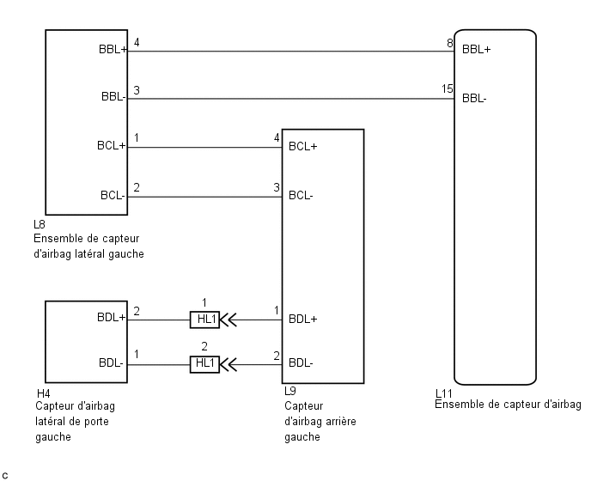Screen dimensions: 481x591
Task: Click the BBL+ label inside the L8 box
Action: [113, 50]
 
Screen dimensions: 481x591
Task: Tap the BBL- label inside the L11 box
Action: [474, 98]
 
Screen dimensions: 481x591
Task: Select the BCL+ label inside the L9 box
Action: [303, 146]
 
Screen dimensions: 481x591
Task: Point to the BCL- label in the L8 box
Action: [112, 196]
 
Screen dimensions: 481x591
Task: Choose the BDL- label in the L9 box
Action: [301, 363]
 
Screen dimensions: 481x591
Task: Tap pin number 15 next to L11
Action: [447, 88]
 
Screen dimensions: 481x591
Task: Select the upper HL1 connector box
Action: [204, 320]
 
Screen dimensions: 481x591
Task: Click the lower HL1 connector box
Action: [204, 363]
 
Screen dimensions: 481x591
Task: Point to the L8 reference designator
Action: [40, 226]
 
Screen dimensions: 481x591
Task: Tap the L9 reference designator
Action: [289, 391]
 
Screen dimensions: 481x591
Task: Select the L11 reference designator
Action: [444, 394]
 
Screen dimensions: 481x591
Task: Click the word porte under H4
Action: [94, 422]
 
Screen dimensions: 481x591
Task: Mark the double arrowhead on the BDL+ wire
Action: [229, 320]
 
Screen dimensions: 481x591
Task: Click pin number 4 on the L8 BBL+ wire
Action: [137, 42]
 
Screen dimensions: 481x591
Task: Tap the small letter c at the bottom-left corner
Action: [5, 474]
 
